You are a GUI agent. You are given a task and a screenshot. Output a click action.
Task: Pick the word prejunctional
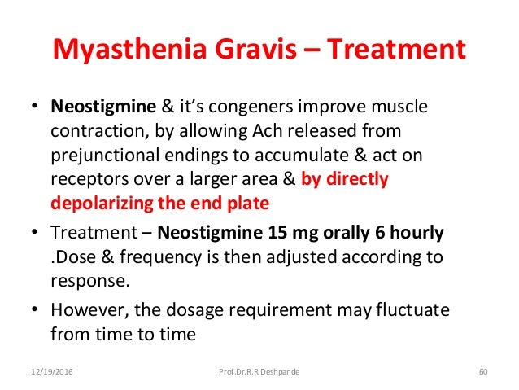coord(107,156)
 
